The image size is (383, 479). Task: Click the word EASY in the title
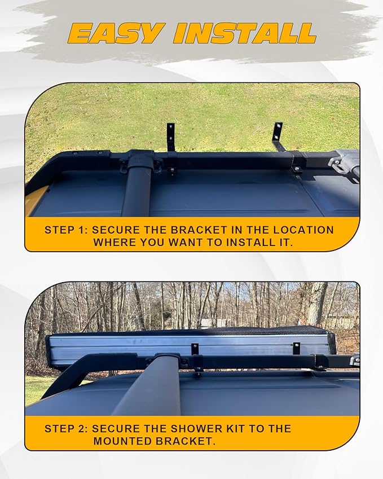tap(115, 33)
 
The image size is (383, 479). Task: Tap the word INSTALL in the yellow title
tap(245, 33)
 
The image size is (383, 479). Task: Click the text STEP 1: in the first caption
tap(66, 230)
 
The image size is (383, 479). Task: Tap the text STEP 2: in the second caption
tap(66, 428)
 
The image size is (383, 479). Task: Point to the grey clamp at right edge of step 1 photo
tap(344, 160)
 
